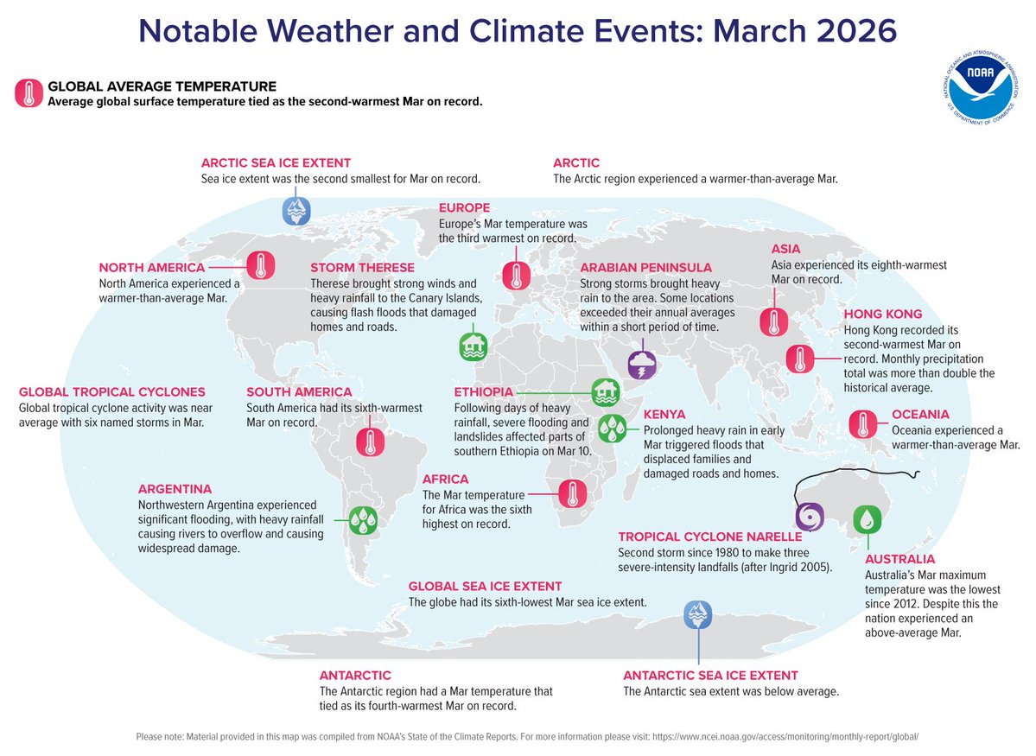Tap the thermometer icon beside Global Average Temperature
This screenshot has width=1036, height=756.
(x=29, y=93)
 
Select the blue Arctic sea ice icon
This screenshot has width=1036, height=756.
(x=296, y=211)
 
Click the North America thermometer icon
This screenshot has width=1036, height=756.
(x=261, y=265)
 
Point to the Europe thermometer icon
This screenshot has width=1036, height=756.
(x=517, y=275)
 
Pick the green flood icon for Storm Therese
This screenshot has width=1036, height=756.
(x=473, y=346)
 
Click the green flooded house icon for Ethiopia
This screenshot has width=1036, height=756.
(x=605, y=392)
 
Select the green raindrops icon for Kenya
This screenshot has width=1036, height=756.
(x=613, y=425)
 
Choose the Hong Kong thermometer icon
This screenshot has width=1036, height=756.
(x=800, y=359)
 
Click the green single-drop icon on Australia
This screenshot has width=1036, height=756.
(x=867, y=519)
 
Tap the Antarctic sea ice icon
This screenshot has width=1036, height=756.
(x=696, y=614)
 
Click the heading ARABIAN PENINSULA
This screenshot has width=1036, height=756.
(x=645, y=268)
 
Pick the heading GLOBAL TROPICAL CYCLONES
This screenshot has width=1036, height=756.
(x=112, y=391)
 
